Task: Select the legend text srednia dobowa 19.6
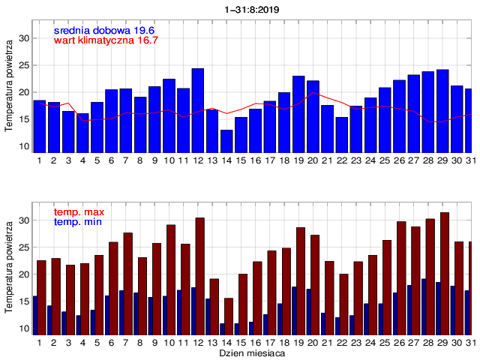pyautogui.click(x=103, y=30)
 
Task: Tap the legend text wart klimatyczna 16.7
pyautogui.click(x=106, y=40)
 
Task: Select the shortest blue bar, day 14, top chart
pyautogui.click(x=226, y=141)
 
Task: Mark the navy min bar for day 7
pyautogui.click(x=121, y=312)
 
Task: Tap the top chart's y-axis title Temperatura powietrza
pyautogui.click(x=9, y=86)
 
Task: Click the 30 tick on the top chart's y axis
pyautogui.click(x=24, y=38)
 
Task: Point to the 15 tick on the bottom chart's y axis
pyautogui.click(x=24, y=301)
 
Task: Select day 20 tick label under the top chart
pyautogui.click(x=313, y=160)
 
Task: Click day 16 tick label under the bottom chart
pyautogui.click(x=255, y=342)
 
